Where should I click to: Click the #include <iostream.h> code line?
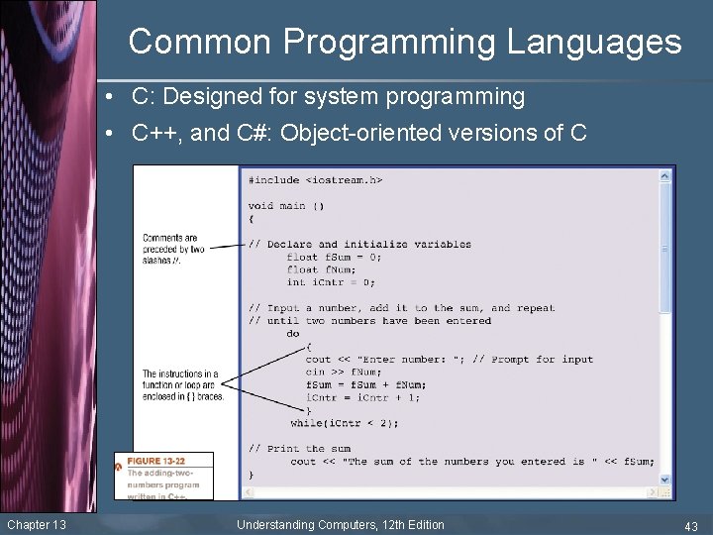315,180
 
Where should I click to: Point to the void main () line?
285,205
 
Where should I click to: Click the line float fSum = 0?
334,257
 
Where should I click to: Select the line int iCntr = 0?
331,282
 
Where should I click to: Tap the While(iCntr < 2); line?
345,423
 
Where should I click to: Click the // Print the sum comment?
300,448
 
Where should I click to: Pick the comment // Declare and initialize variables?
359,244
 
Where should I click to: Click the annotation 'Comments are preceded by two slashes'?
173,249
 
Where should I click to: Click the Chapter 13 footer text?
37,524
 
